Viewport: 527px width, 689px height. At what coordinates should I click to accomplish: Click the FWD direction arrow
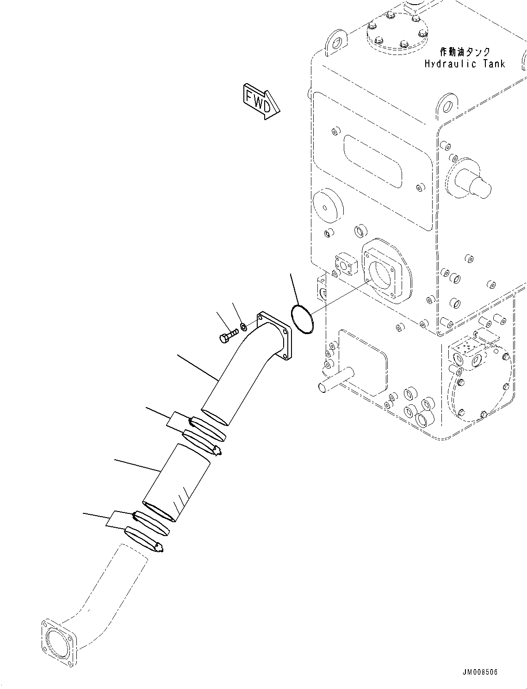[260, 101]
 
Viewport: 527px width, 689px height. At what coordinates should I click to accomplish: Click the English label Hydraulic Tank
[465, 64]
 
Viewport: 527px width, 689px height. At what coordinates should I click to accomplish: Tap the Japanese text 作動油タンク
[465, 52]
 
